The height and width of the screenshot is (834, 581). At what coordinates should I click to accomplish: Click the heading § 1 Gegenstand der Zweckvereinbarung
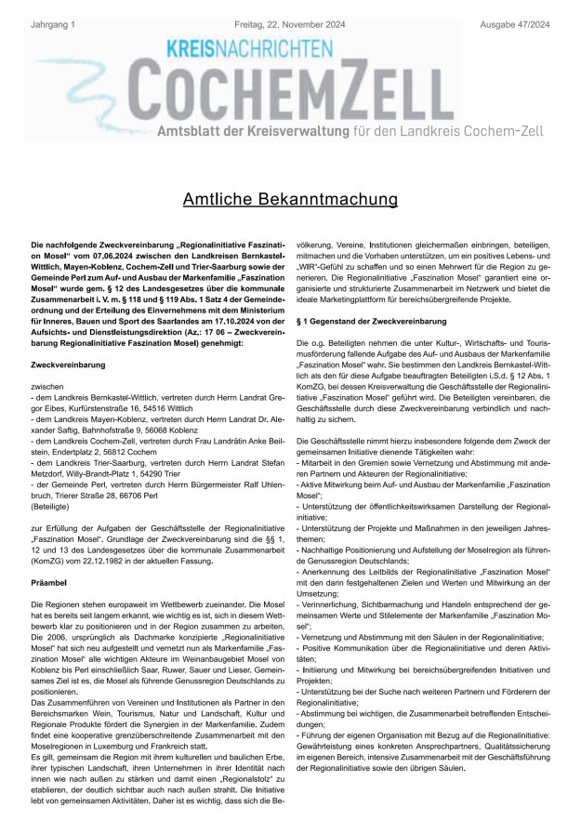pos(372,321)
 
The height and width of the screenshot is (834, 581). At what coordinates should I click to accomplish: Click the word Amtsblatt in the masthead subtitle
pos(196,130)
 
